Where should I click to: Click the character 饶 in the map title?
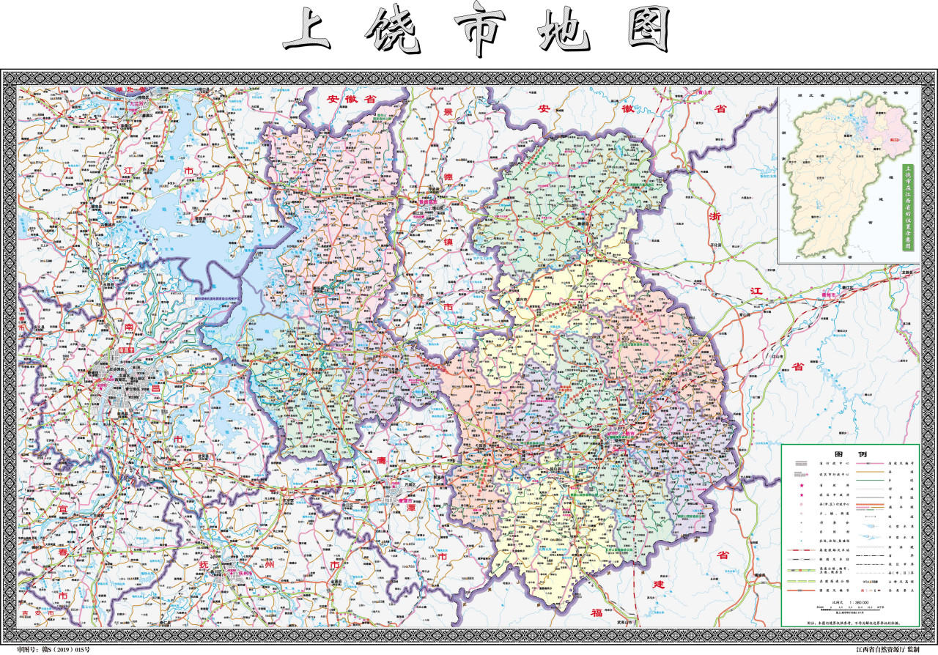[x=391, y=33]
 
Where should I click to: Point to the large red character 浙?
[x=716, y=216]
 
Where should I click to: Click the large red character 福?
[x=590, y=613]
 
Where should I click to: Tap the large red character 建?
[x=659, y=586]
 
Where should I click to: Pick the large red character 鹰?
[x=381, y=460]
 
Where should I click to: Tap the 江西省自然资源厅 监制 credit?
[x=887, y=649]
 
